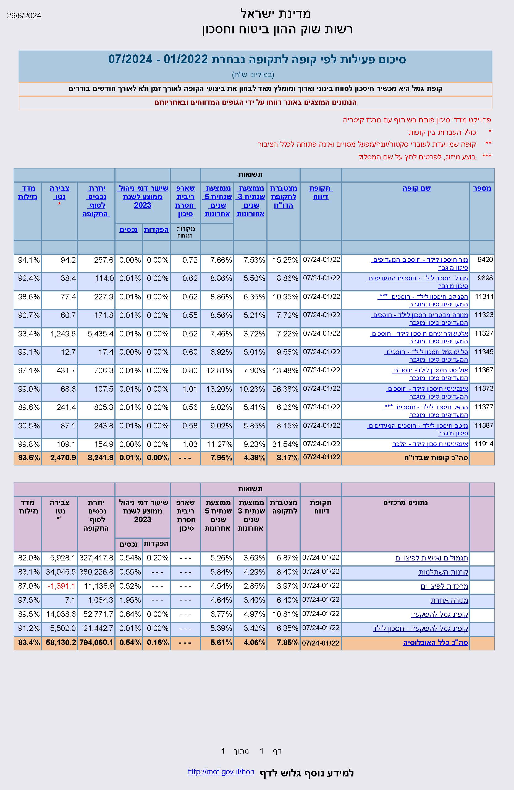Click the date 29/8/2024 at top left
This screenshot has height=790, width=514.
[24, 15]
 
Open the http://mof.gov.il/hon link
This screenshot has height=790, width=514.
[221, 772]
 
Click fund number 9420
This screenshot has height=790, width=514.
[485, 260]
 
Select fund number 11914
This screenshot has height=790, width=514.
[484, 444]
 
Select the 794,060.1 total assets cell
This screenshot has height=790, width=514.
[96, 642]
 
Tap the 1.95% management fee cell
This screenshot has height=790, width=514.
[130, 600]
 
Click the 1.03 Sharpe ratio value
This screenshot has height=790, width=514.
[190, 444]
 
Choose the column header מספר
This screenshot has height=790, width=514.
[482, 188]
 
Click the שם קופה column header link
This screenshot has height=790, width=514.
[416, 188]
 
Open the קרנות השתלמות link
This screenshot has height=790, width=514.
[443, 572]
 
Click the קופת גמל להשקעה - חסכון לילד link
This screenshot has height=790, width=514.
[420, 628]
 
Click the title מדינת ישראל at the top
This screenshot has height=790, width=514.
[275, 14]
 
